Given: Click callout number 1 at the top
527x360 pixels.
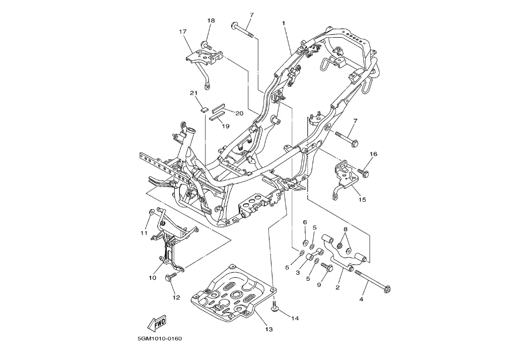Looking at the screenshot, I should coord(283,23).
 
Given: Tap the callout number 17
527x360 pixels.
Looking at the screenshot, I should coord(183,31).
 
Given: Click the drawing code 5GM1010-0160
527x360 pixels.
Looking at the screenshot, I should coord(160,339).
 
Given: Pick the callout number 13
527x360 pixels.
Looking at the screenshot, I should coord(268,329).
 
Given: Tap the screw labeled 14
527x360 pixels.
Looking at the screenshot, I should coord(274,308).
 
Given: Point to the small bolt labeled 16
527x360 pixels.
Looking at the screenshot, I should coord(363,173).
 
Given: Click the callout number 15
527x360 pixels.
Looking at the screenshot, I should coord(362,199).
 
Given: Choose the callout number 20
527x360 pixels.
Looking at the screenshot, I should coord(239,113).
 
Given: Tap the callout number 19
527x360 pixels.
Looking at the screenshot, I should coord(225,126).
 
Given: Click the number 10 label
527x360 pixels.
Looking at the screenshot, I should coord(152,278).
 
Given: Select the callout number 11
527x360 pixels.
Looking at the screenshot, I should coord(144,233).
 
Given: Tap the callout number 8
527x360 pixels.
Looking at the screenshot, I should coord(345,229).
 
